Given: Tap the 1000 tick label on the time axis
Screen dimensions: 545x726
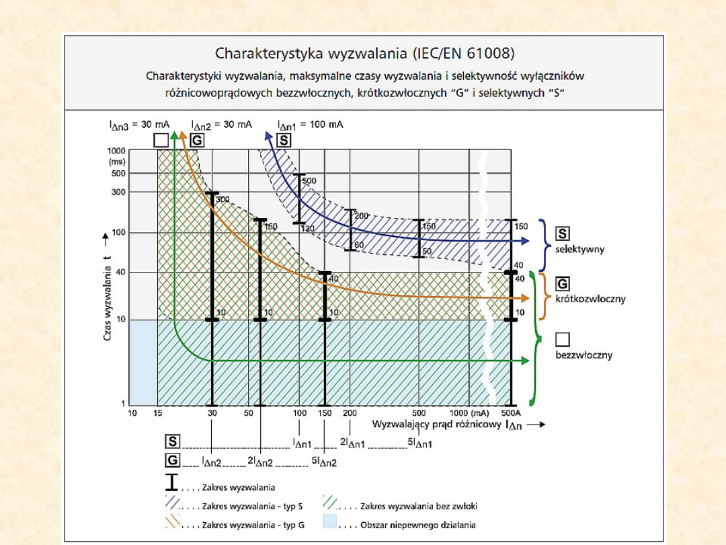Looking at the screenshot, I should tap(117, 151).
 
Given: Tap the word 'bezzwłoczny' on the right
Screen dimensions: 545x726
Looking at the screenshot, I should tap(583, 355).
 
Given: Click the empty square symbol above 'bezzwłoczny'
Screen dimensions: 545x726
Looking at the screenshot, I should tap(563, 340).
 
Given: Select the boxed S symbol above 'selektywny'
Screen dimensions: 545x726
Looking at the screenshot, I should tap(563, 233).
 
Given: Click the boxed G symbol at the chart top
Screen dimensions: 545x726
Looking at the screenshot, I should tap(197, 141).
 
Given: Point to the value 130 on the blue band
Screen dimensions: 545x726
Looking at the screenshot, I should tap(308, 229).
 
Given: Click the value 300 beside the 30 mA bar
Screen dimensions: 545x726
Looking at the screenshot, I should tap(223, 199).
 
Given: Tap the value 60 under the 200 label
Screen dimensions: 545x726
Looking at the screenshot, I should tap(359, 245).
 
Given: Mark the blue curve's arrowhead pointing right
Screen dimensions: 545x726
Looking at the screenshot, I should tap(526, 241).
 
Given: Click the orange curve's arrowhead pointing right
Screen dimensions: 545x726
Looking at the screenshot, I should tap(526, 298).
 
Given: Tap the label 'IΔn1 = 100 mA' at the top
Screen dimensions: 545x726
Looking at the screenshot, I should tap(310, 124).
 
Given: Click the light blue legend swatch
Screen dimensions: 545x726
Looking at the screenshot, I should tap(330, 521).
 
